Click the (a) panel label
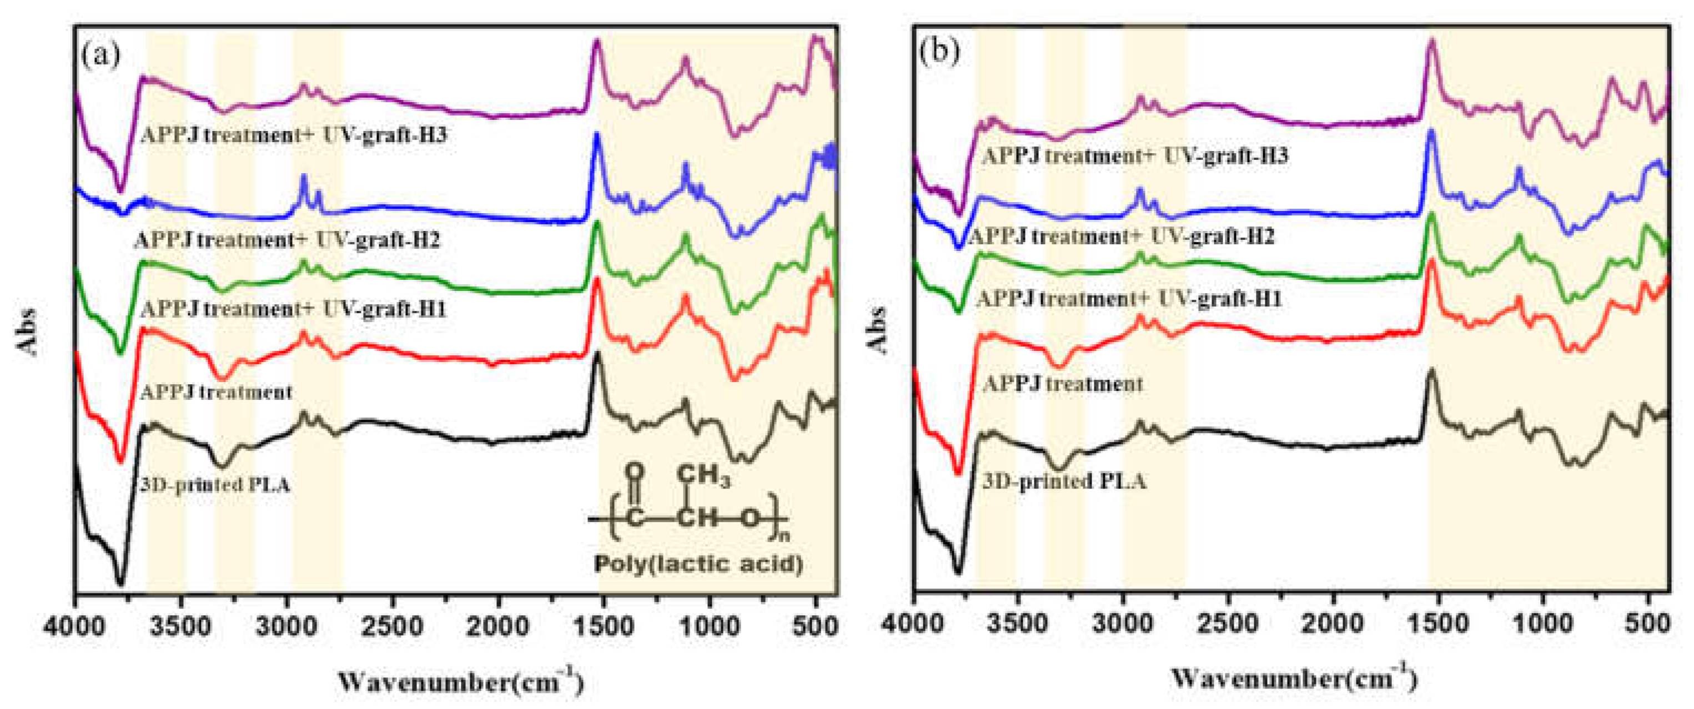click(100, 54)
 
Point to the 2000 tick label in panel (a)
click(498, 627)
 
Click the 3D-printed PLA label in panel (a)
click(215, 485)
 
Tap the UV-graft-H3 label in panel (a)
click(293, 135)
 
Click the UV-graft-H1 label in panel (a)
click(293, 309)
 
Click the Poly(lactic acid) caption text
click(698, 564)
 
